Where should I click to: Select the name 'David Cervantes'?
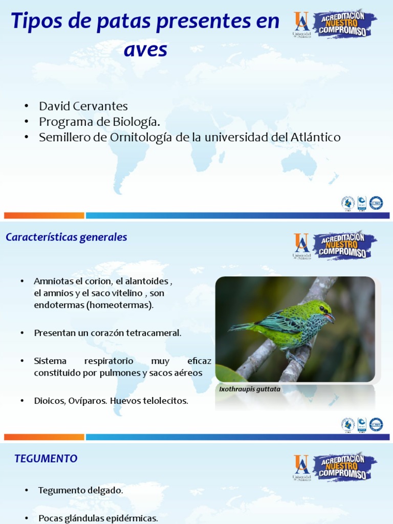(x=83, y=106)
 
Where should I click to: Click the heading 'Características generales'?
(x=66, y=237)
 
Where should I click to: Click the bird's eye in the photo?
(x=322, y=309)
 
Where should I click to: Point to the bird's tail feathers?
(x=241, y=326)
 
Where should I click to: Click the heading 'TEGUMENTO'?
(x=46, y=459)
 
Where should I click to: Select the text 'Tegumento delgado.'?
(x=80, y=490)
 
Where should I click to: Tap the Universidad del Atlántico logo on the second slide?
(x=301, y=245)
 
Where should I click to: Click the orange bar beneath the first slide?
(x=44, y=215)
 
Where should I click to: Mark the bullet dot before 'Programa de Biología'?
(x=26, y=122)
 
